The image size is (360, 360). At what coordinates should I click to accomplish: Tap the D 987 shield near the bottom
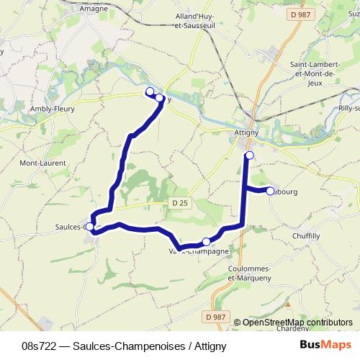(x=214, y=316)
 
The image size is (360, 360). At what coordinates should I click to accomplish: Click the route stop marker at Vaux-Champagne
(x=207, y=242)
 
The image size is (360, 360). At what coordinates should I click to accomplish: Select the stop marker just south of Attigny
(x=249, y=156)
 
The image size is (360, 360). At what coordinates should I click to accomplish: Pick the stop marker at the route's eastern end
(x=271, y=191)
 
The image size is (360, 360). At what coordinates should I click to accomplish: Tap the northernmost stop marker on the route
(x=150, y=91)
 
